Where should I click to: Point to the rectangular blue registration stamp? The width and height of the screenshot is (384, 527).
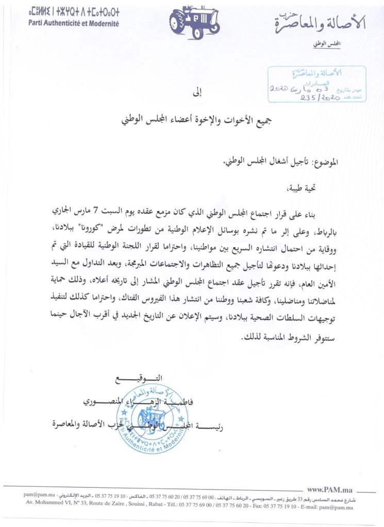point(316,84)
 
